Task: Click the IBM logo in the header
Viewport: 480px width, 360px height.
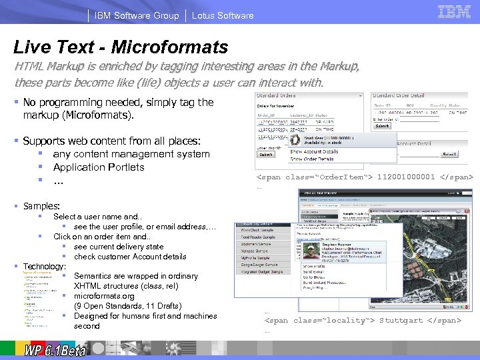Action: pyautogui.click(x=454, y=11)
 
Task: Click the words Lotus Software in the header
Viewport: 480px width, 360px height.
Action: pyautogui.click(x=223, y=15)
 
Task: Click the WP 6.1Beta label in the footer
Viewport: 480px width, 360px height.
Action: pyautogui.click(x=55, y=350)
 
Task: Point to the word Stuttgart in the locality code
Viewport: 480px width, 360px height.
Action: pyautogui.click(x=401, y=320)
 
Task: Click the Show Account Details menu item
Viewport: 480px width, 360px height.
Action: pyautogui.click(x=314, y=151)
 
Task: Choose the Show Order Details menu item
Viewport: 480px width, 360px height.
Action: pyautogui.click(x=311, y=159)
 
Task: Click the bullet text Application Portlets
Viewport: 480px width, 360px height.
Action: pyautogui.click(x=99, y=167)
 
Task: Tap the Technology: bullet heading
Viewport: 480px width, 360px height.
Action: pyautogui.click(x=44, y=266)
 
